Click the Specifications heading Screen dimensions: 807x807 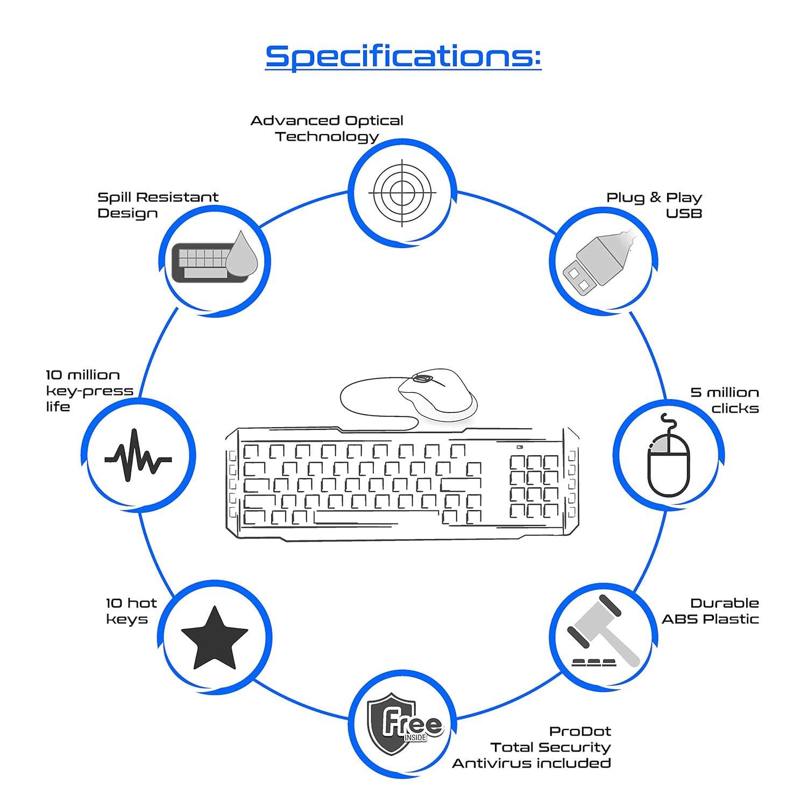pos(403,56)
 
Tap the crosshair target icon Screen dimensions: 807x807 pos(402,193)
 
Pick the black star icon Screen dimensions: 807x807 pos(215,639)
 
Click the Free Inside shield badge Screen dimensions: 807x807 pos(403,724)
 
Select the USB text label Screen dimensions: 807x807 pos(684,214)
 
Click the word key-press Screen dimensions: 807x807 pos(89,391)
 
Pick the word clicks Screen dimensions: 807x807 pos(735,409)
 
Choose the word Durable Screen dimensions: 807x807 pos(724,603)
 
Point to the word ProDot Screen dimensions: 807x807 pos(580,732)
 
